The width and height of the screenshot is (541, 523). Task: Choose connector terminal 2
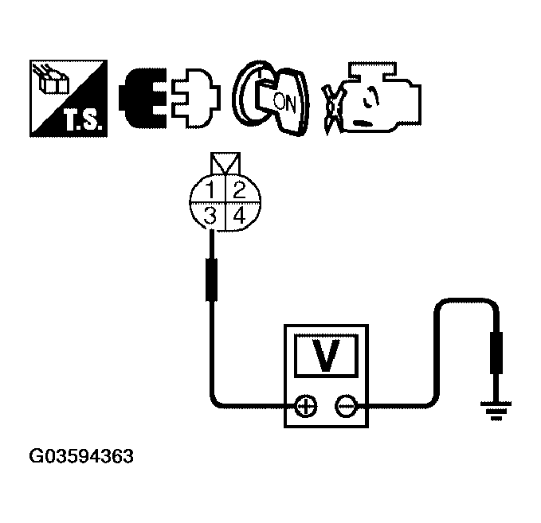[x=237, y=191]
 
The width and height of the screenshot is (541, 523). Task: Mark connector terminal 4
[x=237, y=215]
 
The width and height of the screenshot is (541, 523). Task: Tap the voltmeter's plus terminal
[x=305, y=407]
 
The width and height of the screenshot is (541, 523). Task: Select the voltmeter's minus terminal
[x=346, y=407]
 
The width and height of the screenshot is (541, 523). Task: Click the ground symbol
[x=494, y=409]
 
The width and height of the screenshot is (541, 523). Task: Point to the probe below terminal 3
[x=213, y=279]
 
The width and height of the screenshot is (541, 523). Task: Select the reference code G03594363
[x=80, y=458]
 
